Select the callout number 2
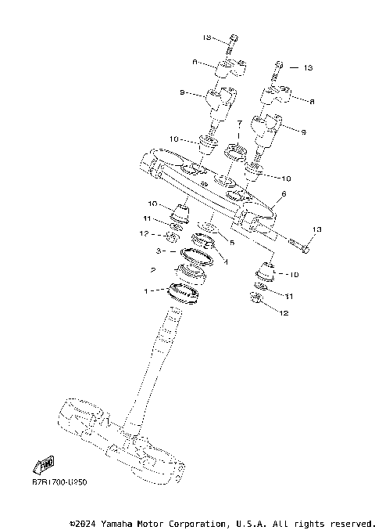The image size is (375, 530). [153, 270]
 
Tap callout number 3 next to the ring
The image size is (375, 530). [159, 252]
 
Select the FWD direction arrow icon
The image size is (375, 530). [44, 464]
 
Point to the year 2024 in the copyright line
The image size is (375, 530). [88, 522]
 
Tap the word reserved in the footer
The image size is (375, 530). [352, 522]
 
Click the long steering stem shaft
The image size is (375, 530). [156, 360]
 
